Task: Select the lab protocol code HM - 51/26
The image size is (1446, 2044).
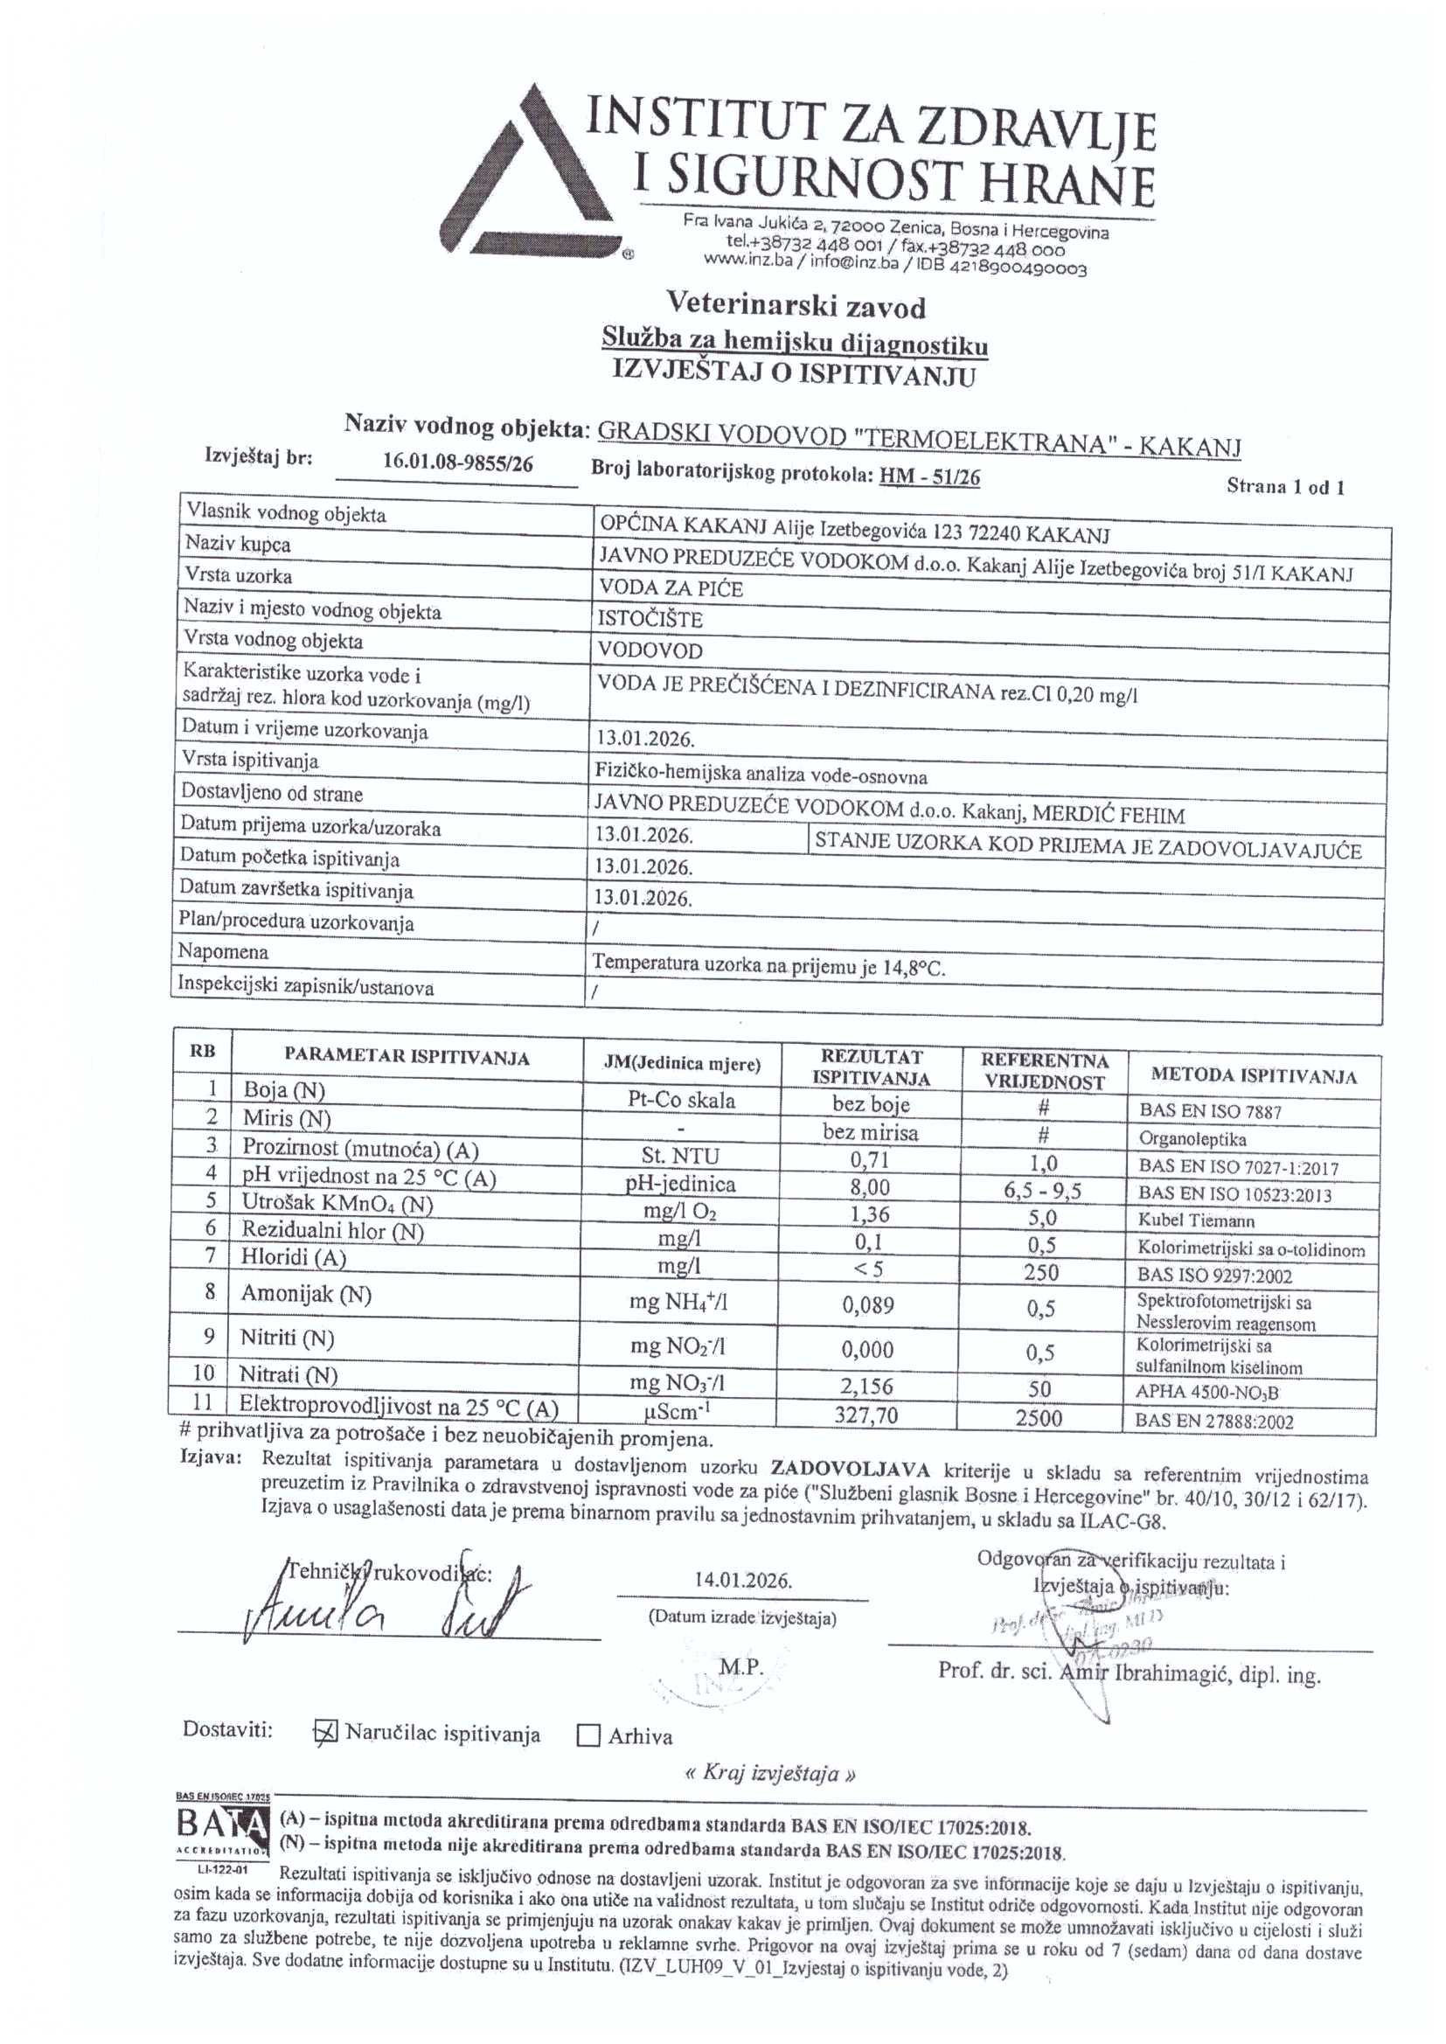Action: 929,477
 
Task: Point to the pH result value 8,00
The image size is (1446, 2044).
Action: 870,1187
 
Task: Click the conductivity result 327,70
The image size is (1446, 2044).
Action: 870,1415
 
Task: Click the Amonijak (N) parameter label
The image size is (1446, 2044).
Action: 305,1295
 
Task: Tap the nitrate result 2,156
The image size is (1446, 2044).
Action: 869,1386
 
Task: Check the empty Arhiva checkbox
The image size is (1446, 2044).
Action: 587,1736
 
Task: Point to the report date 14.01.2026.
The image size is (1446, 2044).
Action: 743,1580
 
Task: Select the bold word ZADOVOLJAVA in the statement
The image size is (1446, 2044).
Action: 840,1468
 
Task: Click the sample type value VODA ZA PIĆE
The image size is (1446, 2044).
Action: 671,588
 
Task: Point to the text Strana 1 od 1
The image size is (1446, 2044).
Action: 1284,486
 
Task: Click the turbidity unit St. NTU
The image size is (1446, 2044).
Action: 680,1157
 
